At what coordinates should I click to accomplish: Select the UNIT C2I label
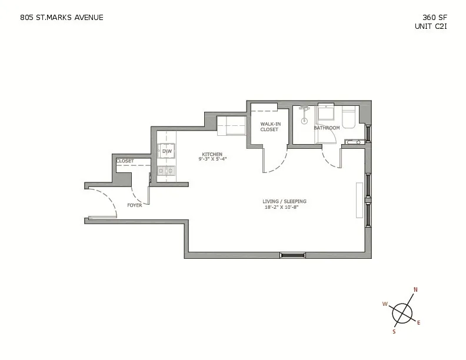point(431,26)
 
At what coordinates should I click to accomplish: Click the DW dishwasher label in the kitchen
point(167,151)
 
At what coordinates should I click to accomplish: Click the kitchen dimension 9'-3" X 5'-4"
point(213,159)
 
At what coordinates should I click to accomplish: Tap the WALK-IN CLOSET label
point(269,126)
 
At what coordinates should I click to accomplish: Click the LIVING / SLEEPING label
point(284,201)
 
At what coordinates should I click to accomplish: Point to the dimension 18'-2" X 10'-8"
point(284,207)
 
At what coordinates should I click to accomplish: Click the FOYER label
point(135,205)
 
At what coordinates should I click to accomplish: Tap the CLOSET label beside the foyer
point(125,161)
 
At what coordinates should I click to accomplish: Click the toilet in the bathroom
point(348,118)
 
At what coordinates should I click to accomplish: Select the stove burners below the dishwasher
point(166,171)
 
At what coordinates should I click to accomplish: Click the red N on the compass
point(415,289)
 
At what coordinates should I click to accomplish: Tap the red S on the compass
point(394,332)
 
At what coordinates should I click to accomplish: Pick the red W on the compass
point(385,304)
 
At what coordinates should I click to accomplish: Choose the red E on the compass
point(419,322)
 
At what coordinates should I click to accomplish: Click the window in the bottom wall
point(292,255)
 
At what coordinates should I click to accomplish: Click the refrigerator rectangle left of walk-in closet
point(231,125)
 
